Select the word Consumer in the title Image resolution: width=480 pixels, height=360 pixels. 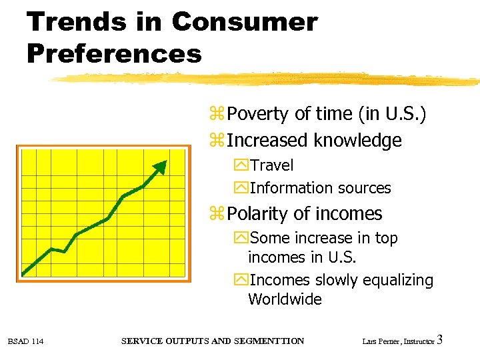pos(244,22)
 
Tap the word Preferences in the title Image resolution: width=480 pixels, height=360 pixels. pos(114,53)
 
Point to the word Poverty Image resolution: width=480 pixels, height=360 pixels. pos(258,114)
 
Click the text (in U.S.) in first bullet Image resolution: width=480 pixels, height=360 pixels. pos(392,114)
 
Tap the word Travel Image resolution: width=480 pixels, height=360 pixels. pos(271,165)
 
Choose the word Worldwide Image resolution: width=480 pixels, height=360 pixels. pos(285,299)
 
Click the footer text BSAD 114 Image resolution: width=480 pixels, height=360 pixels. pos(26,342)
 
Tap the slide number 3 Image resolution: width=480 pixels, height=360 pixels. pos(439,341)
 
